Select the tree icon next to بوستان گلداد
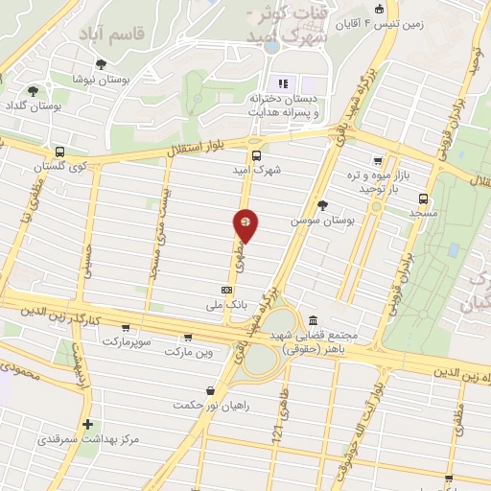[34, 92]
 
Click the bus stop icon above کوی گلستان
[60, 152]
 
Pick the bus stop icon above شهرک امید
[256, 155]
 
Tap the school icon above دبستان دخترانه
[282, 82]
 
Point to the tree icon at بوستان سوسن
[322, 205]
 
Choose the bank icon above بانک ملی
[226, 290]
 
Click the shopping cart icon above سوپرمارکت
[126, 328]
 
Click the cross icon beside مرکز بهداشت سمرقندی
[87, 424]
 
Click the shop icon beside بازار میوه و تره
[379, 161]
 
